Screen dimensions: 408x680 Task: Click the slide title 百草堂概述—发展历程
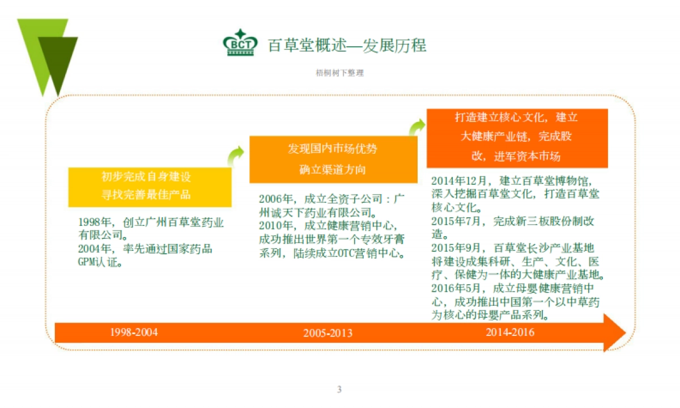347,45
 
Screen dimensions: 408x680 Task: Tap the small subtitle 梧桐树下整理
339,73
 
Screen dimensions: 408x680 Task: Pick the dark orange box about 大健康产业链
516,138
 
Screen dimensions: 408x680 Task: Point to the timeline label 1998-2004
134,333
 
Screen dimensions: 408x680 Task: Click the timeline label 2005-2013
328,333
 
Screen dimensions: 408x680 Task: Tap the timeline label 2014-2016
510,333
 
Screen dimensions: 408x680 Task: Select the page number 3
339,389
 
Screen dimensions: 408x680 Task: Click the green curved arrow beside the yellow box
235,155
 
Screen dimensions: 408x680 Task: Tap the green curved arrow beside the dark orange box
417,126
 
